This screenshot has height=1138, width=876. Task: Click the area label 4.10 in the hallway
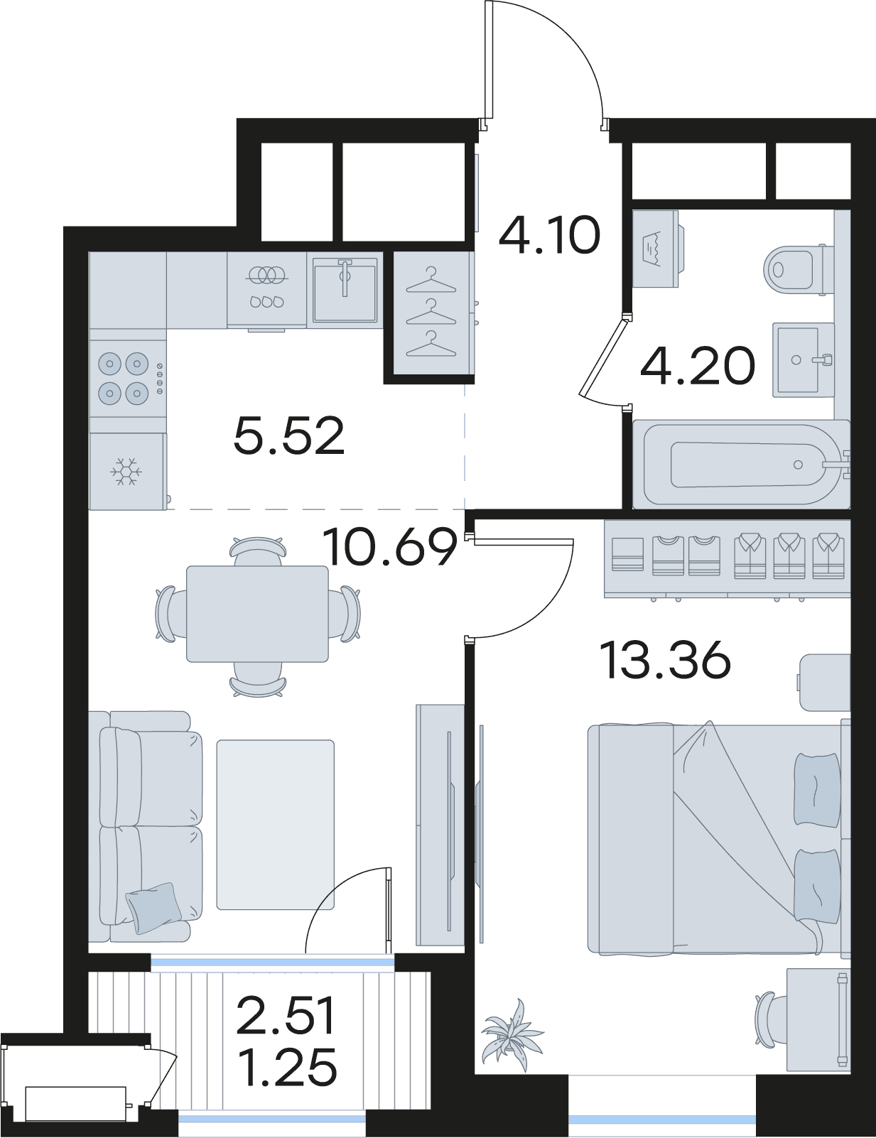[x=548, y=236]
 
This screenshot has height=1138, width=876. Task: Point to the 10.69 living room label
[x=390, y=548]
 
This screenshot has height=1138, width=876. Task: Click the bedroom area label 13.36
[x=667, y=661]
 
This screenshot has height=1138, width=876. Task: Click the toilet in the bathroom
[x=798, y=270]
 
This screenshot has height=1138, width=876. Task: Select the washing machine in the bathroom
[x=659, y=249]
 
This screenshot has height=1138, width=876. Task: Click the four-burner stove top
[x=128, y=377]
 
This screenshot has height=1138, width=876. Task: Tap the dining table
[x=258, y=614]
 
